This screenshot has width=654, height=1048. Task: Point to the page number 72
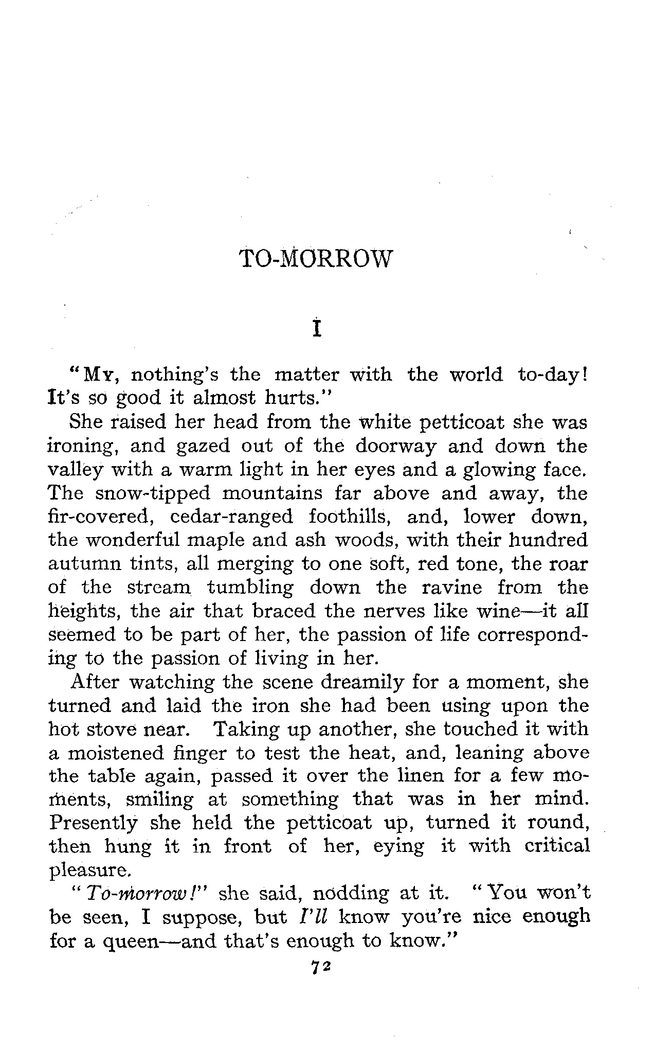[319, 967]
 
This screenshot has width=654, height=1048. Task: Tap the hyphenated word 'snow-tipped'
[153, 493]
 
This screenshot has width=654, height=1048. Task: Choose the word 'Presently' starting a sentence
[94, 824]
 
